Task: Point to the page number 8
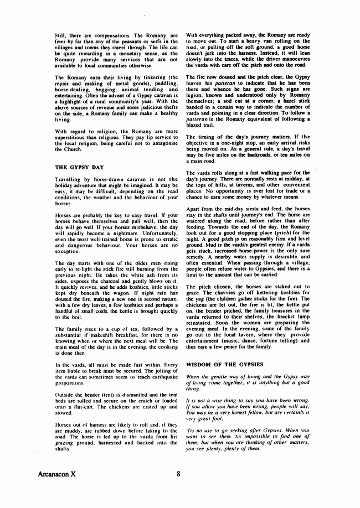coord(179,474)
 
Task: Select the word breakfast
coord(119,335)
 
